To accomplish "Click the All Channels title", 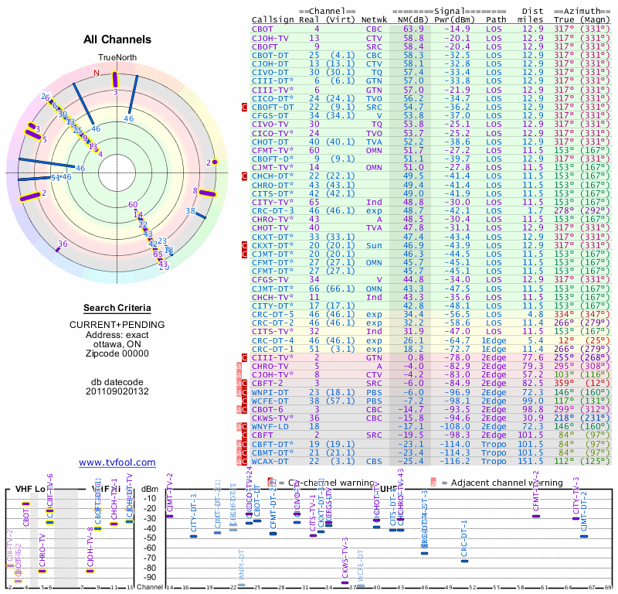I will point(117,39).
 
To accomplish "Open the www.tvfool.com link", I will point(117,463).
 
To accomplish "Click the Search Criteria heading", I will point(117,308).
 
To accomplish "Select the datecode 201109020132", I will point(117,391).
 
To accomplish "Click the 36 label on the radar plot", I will point(63,244).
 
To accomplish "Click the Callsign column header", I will point(273,19).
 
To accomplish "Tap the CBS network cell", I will point(374,462).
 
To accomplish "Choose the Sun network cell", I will point(374,245).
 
